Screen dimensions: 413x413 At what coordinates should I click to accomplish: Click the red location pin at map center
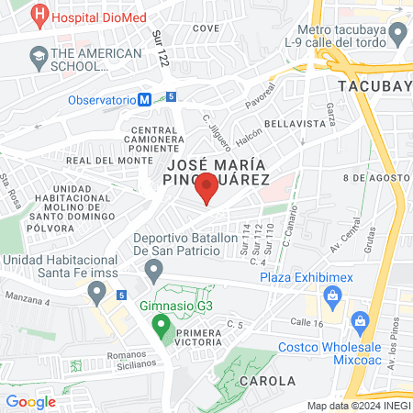(206, 189)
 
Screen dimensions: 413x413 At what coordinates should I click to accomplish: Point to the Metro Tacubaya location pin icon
(397, 36)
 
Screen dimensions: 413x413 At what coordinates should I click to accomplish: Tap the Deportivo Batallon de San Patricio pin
(154, 270)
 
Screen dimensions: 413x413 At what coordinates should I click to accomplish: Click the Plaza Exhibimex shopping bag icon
(331, 296)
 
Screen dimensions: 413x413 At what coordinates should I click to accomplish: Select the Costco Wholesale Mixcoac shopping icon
(359, 321)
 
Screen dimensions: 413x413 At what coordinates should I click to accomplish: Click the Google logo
(31, 401)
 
